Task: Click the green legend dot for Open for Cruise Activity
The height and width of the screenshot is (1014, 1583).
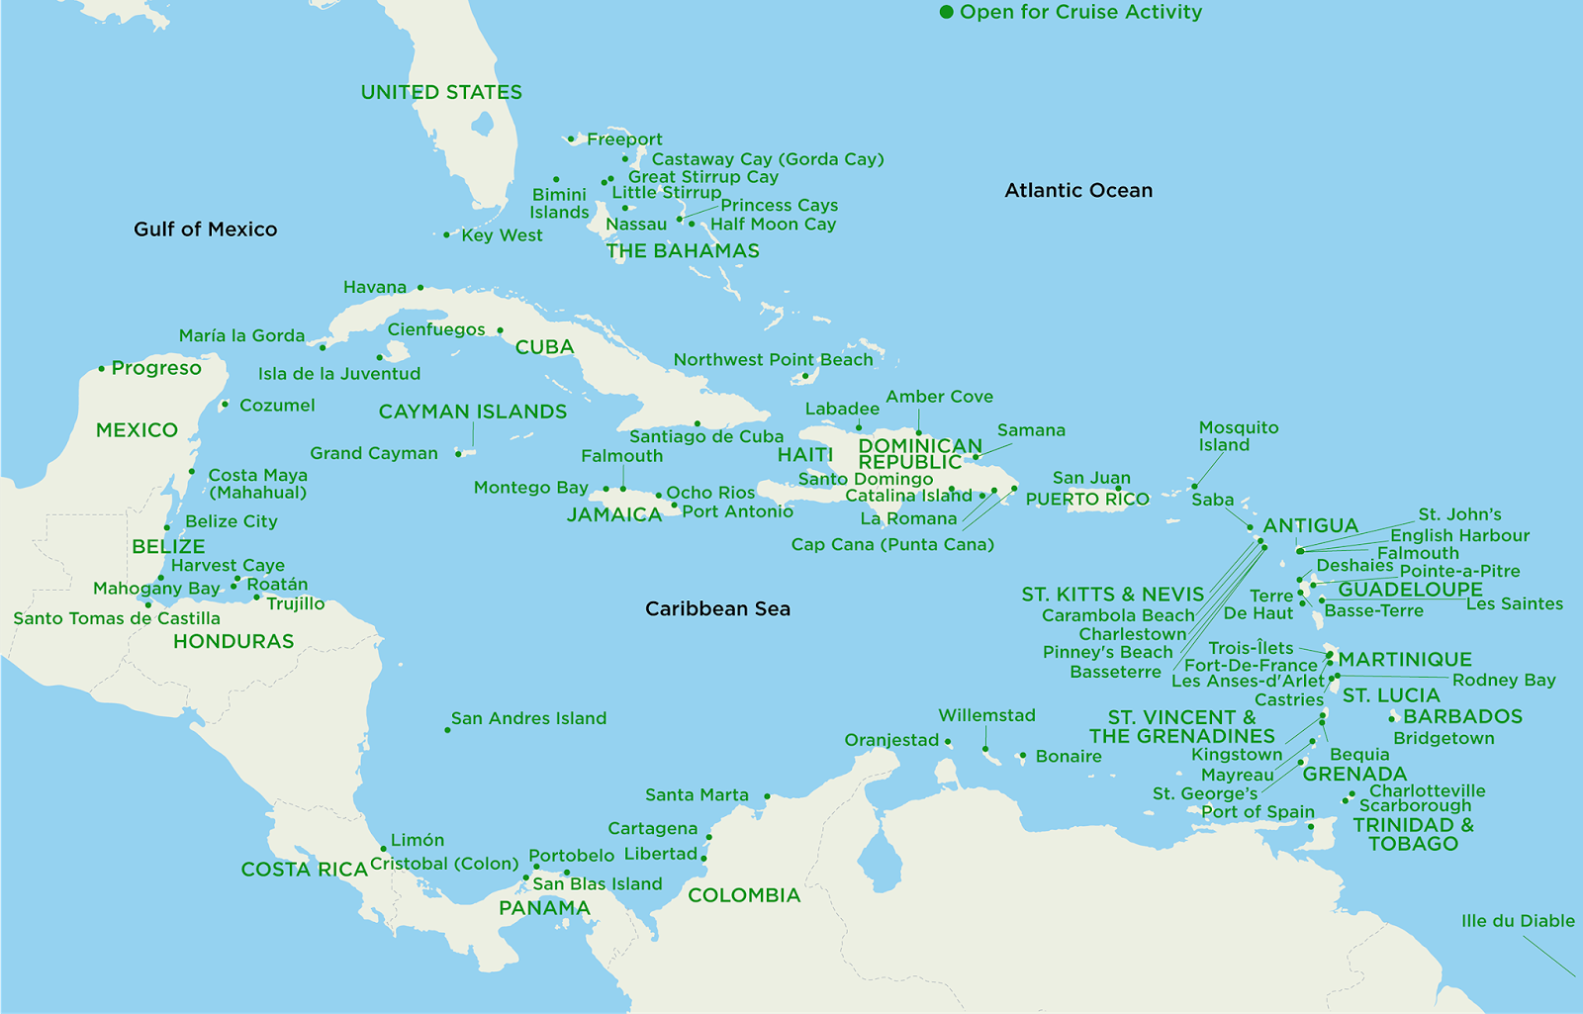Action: (x=946, y=12)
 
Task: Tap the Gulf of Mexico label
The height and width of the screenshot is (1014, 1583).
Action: (x=205, y=230)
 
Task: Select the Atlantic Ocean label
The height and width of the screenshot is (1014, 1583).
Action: (x=1078, y=190)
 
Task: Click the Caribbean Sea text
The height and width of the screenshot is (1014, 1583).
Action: (x=717, y=608)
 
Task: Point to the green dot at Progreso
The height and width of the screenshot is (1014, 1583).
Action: (x=101, y=369)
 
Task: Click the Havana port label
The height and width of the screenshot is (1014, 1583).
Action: (x=374, y=287)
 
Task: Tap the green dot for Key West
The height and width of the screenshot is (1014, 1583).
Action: (x=446, y=235)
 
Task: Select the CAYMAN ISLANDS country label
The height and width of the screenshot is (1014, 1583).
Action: (x=472, y=412)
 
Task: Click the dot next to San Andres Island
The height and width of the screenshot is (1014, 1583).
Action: (x=447, y=730)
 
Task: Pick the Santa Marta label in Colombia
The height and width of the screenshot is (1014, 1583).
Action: (x=697, y=794)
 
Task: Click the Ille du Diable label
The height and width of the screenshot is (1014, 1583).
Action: (x=1517, y=921)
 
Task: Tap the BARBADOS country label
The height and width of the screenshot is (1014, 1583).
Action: (x=1462, y=716)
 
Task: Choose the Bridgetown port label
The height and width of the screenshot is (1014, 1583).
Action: (x=1443, y=738)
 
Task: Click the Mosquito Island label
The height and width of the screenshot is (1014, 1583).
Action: (x=1238, y=435)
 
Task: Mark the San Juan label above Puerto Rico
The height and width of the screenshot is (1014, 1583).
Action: (x=1090, y=478)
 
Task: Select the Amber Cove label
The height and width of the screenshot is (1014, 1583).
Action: (x=938, y=397)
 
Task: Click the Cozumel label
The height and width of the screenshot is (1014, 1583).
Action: (x=277, y=406)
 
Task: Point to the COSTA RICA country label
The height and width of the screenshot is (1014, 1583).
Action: (x=304, y=870)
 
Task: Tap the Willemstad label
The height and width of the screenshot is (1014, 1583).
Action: (x=986, y=715)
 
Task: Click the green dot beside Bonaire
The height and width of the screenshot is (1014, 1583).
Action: (x=1022, y=756)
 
